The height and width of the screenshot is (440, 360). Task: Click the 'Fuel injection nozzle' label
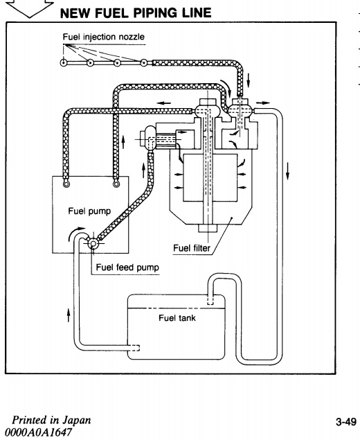[x=103, y=37]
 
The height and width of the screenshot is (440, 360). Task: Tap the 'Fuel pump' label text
[x=89, y=211]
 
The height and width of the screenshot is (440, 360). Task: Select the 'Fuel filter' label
[x=192, y=248]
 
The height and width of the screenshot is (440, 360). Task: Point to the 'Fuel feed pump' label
[x=127, y=267]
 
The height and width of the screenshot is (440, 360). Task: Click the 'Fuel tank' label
[x=177, y=318]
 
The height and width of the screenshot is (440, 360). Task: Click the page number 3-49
[x=346, y=422]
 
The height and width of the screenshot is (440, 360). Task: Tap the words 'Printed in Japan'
[x=51, y=420]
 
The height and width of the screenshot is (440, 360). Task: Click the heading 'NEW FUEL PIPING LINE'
[x=136, y=13]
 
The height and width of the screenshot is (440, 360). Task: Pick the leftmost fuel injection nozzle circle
[x=64, y=62]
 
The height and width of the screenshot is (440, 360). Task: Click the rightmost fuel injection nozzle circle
[x=143, y=62]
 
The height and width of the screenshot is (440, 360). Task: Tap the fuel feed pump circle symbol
[x=93, y=243]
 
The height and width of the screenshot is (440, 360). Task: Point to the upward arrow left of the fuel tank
[x=68, y=315]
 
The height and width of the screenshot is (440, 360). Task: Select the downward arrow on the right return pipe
[x=287, y=171]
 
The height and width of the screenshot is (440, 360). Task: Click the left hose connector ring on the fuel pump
[x=66, y=184]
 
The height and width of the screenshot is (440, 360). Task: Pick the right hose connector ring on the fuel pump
[x=116, y=184]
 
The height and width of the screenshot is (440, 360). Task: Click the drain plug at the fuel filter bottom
[x=208, y=229]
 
